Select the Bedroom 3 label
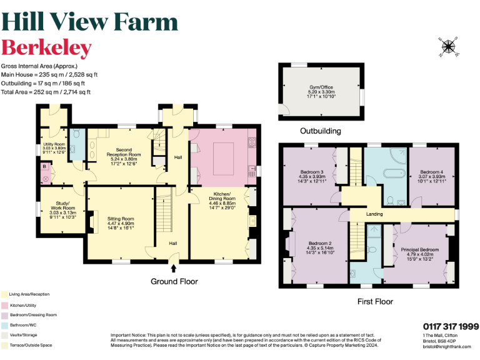tap(312, 176)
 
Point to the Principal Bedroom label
tap(417, 254)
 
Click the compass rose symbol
tap(448, 47)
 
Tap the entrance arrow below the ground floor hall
tap(174, 269)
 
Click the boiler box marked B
tap(45, 167)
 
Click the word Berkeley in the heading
tap(46, 48)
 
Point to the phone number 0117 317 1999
tap(451, 326)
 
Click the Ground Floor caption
tap(174, 282)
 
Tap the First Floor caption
tap(374, 301)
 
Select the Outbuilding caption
tap(321, 131)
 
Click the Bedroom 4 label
tap(432, 176)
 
